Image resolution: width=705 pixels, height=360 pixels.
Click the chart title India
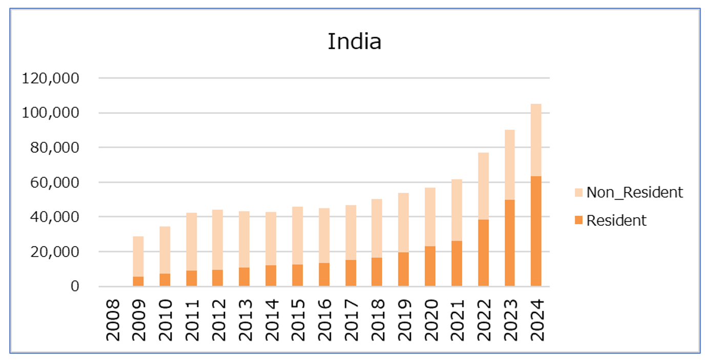(x=354, y=41)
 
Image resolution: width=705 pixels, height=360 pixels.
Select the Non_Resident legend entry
(x=634, y=193)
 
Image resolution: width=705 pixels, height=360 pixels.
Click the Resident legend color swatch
(x=578, y=220)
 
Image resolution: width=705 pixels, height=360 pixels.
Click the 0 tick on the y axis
(x=75, y=286)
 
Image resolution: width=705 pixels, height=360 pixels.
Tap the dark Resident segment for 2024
(x=536, y=231)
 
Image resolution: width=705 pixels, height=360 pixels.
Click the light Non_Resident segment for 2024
(x=536, y=140)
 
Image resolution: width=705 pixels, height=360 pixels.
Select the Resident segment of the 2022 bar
(x=483, y=252)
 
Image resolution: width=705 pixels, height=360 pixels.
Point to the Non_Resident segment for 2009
(x=138, y=256)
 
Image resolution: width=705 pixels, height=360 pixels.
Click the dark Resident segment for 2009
(x=138, y=281)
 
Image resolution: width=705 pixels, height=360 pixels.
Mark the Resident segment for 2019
(x=403, y=269)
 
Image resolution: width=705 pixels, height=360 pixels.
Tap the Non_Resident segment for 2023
(x=509, y=164)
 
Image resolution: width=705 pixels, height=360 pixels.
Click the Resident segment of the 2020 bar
(x=430, y=266)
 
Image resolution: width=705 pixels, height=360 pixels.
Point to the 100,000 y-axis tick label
(x=50, y=113)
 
